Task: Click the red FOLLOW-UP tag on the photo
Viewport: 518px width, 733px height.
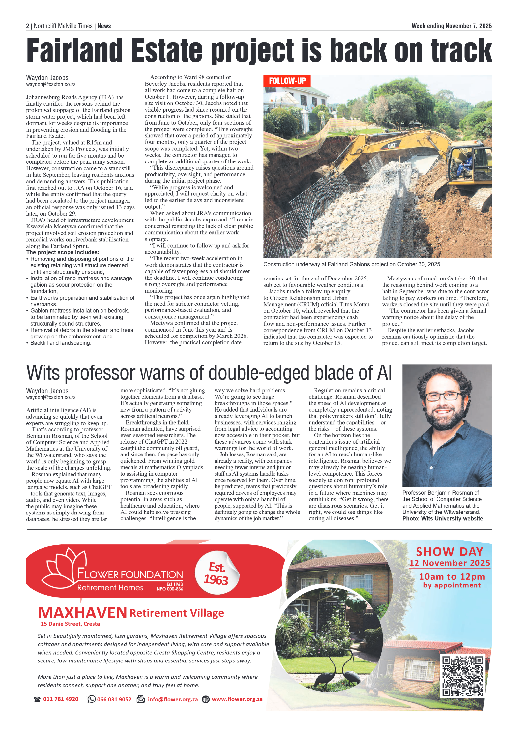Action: (x=287, y=81)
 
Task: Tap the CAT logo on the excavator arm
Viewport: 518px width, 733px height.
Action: (x=392, y=145)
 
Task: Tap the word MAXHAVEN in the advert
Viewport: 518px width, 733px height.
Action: (x=82, y=613)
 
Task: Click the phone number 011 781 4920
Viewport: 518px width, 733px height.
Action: (x=61, y=699)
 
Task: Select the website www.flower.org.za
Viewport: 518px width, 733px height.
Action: (x=237, y=699)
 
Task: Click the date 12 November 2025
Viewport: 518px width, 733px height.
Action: (x=449, y=563)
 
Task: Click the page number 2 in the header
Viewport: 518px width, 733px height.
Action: (x=28, y=26)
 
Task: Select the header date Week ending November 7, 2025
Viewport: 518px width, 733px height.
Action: (x=451, y=26)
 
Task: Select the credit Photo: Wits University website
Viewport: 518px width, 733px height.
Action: (x=442, y=518)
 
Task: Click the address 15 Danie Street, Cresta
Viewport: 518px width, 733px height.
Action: (x=70, y=624)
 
